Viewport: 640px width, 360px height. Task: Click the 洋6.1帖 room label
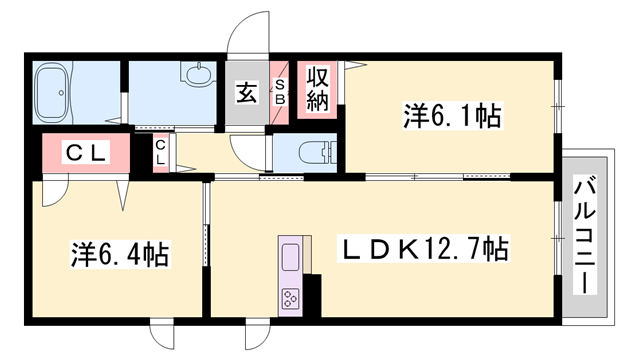[452, 117]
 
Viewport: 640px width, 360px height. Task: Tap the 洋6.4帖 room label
[118, 254]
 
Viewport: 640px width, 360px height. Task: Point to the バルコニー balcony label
[585, 234]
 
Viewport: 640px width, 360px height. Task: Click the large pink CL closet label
[86, 153]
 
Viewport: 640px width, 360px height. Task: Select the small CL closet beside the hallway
[160, 153]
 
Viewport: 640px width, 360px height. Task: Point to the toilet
[313, 153]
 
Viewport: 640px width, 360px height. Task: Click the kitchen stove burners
[291, 297]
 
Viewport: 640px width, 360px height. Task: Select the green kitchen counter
[290, 262]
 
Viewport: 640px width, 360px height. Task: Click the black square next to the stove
[312, 294]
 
